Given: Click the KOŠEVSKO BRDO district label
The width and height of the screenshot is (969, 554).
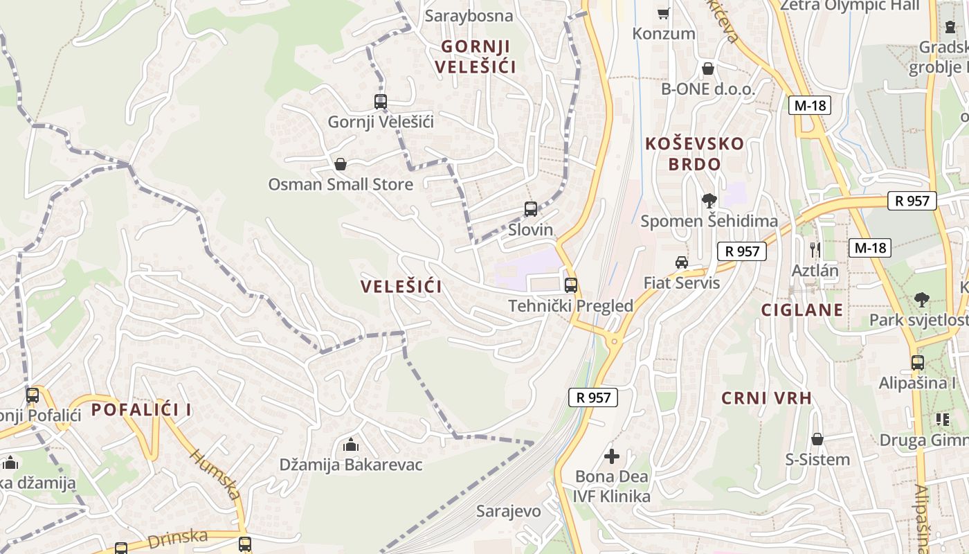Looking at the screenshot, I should [x=694, y=154].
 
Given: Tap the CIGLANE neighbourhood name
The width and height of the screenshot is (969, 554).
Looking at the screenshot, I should [x=802, y=310].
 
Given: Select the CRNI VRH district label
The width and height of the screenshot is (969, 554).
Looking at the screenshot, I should [x=766, y=398].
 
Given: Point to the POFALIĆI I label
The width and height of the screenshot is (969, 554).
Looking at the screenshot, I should [x=141, y=409].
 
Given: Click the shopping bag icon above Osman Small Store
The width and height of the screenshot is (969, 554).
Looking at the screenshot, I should [x=340, y=164].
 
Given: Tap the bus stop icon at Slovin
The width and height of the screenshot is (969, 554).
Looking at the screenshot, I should [x=531, y=209].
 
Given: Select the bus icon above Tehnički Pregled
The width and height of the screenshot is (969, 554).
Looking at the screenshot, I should [x=571, y=285].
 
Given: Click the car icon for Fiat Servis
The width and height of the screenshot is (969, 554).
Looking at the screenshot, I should [x=682, y=262].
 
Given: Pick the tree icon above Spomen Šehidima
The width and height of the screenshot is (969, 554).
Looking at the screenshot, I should [x=709, y=201].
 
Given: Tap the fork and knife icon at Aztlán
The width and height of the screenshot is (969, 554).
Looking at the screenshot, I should [x=815, y=249].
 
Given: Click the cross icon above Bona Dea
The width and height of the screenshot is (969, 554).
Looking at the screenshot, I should [x=612, y=456].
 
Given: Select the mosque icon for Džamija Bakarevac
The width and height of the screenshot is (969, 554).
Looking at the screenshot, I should [x=351, y=445].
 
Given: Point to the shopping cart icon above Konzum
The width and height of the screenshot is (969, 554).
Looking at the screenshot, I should [x=663, y=13].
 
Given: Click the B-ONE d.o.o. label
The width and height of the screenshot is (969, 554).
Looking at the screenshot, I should [x=707, y=89].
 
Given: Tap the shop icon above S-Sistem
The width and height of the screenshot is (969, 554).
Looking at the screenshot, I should [x=817, y=439].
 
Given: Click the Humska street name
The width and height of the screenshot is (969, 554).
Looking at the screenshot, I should [x=215, y=475].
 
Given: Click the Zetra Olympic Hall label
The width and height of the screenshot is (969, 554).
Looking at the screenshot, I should [x=849, y=6].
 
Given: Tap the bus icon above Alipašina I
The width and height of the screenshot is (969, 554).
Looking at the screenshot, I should [x=918, y=362].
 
